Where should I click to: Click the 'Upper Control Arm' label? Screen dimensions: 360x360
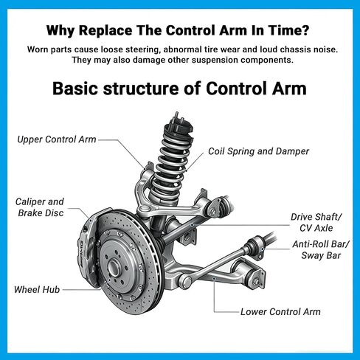pos(57,139)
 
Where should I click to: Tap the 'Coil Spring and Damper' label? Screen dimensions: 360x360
pos(258,151)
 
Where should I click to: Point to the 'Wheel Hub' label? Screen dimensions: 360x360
pos(37,290)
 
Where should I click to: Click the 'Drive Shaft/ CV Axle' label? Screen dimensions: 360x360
pos(316,222)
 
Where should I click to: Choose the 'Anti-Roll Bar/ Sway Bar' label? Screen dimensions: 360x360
pos(321,250)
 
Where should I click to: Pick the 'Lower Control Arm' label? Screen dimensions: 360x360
pos(280,312)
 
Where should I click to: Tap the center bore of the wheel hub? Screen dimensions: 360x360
pos(114,268)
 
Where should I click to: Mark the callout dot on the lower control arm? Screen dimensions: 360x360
pos(214,278)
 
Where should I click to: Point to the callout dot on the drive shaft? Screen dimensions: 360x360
pos(193,225)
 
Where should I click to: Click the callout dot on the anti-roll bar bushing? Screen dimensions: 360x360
pos(263,249)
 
